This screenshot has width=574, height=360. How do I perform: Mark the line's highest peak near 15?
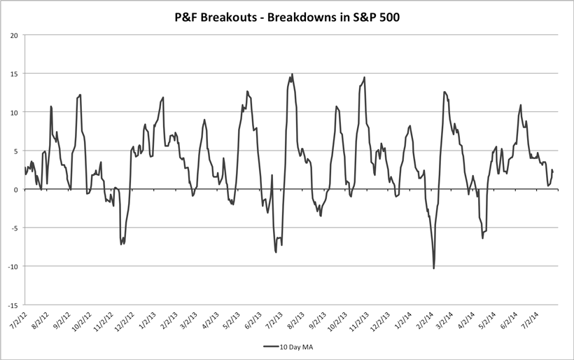tap(292, 74)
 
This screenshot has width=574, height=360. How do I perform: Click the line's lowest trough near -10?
tap(434, 268)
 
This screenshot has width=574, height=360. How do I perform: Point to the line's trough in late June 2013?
tap(276, 252)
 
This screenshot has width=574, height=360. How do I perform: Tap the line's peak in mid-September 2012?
tap(80, 95)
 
